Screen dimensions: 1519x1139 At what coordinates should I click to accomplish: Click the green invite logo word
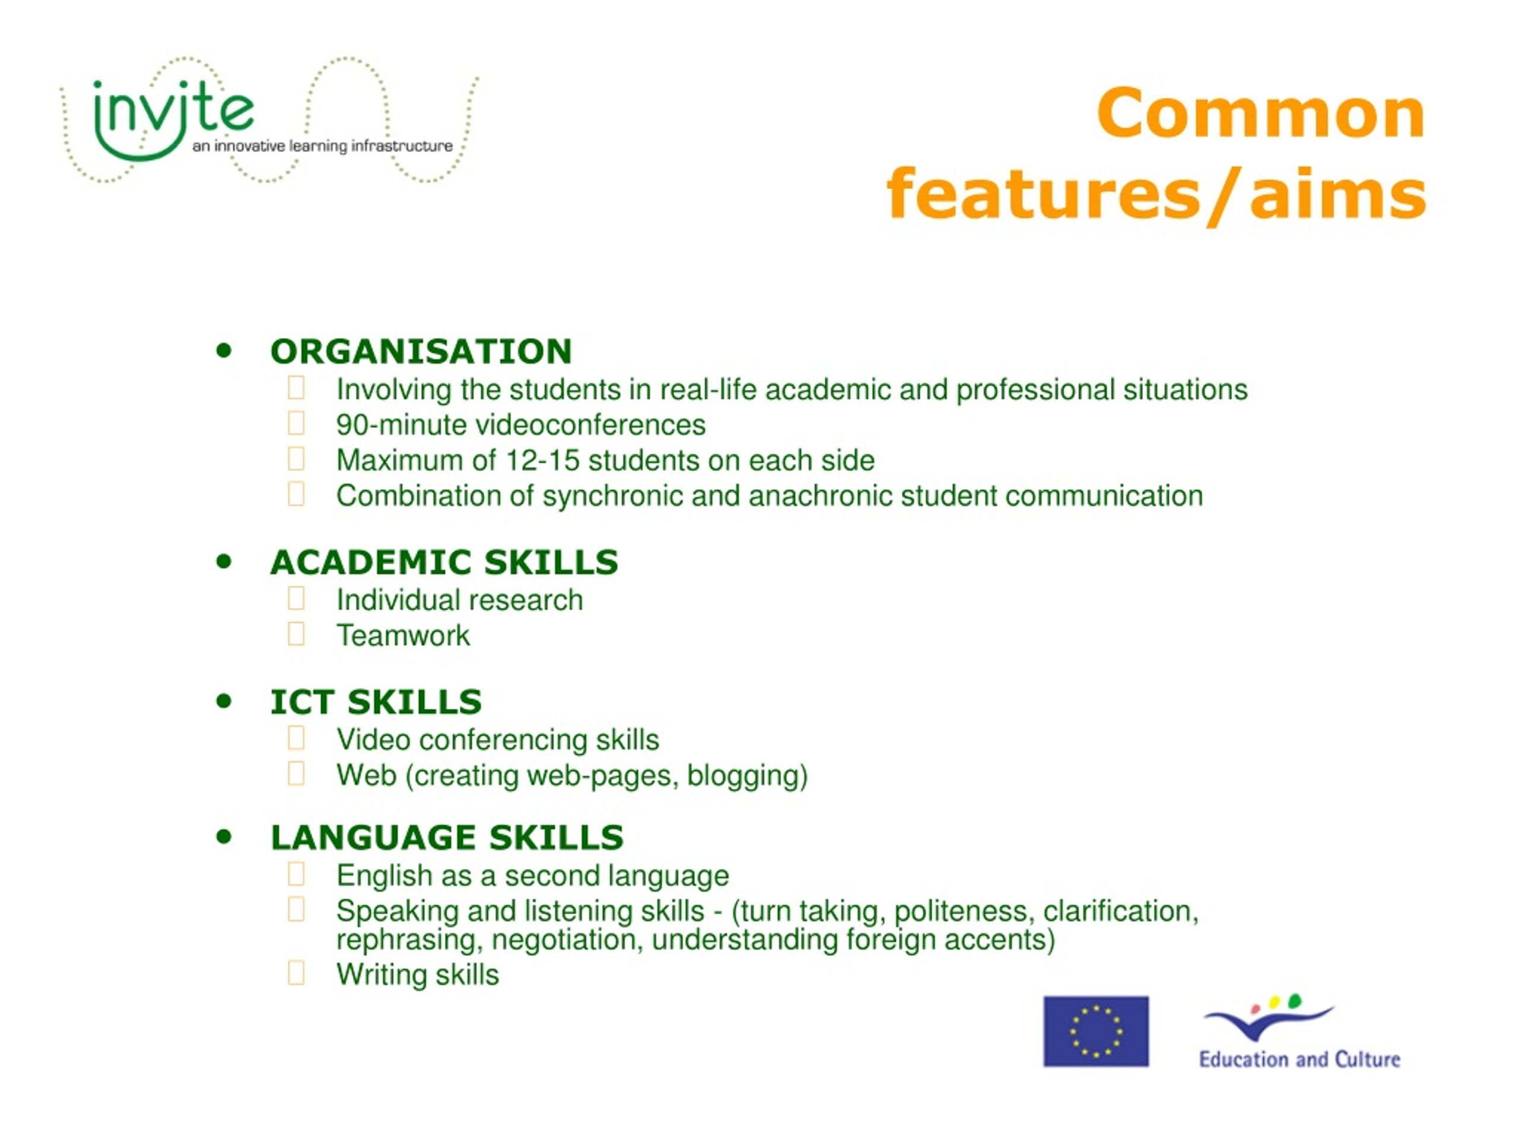pos(173,110)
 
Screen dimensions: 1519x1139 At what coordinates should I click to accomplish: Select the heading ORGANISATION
pos(421,352)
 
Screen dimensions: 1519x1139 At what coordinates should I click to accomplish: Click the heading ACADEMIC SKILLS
pos(444,562)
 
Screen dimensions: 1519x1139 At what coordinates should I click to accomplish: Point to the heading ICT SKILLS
pos(376,702)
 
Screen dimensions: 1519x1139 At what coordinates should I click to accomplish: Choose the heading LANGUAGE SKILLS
pos(447,838)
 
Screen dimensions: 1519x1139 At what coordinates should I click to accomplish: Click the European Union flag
pos(1096,1031)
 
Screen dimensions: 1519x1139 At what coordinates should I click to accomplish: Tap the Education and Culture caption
pos(1299,1060)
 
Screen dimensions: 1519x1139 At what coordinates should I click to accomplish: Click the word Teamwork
pos(403,636)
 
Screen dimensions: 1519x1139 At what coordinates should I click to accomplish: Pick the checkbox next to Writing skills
pos(296,973)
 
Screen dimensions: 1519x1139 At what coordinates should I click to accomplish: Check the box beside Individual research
pos(296,598)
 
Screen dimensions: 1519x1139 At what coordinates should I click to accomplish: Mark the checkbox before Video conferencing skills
pos(296,738)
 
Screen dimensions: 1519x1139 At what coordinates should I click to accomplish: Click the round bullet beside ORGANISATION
pos(224,351)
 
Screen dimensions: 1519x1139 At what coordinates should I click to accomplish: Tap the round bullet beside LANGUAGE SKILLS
pos(224,837)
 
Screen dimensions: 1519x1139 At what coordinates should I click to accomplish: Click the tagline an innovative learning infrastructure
pos(323,147)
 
